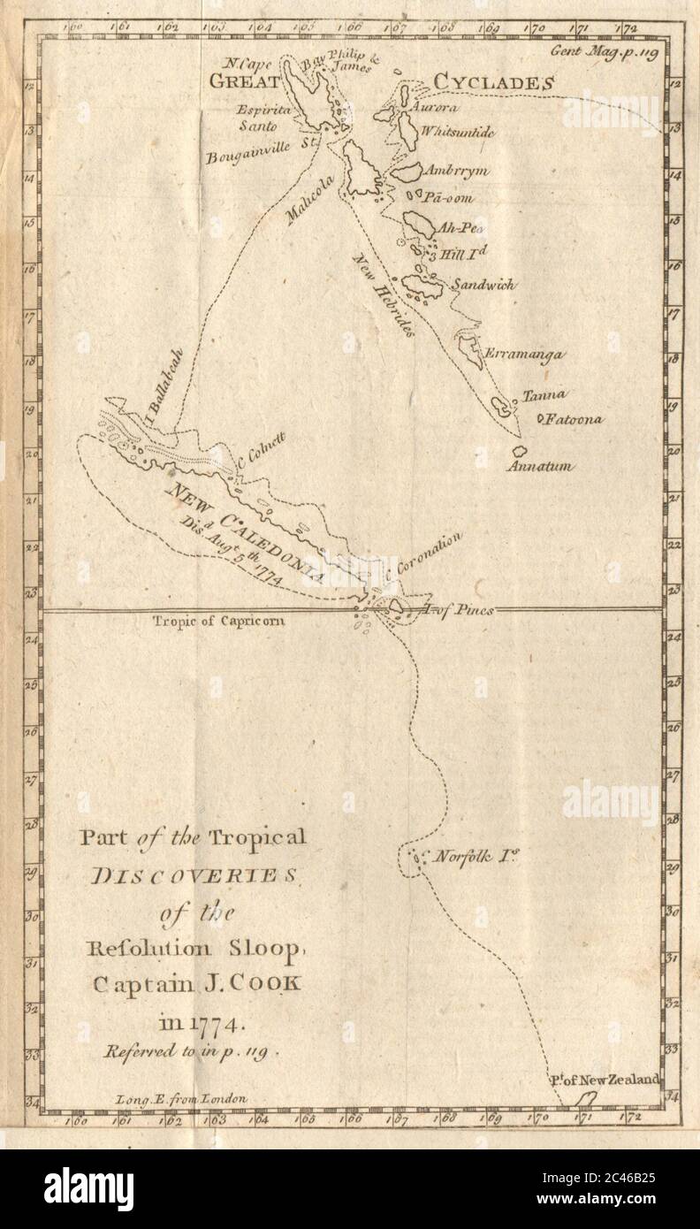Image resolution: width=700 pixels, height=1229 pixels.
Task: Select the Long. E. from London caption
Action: [181, 1097]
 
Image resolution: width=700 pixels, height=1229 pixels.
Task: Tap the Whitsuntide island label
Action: [458, 132]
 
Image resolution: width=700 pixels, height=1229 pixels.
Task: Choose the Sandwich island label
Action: [483, 286]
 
